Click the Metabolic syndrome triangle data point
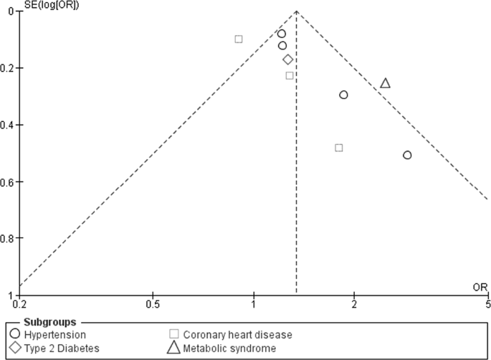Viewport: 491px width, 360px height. click(x=385, y=83)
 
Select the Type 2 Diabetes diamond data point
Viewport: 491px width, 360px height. click(x=287, y=60)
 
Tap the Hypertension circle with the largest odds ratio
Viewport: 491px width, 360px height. click(x=407, y=155)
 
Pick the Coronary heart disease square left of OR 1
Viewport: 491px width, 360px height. click(x=239, y=39)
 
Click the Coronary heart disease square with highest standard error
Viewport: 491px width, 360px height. click(x=338, y=148)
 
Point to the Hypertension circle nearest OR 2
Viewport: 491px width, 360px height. click(x=343, y=95)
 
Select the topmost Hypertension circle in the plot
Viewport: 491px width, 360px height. click(x=282, y=34)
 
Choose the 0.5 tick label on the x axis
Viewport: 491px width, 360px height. click(x=152, y=303)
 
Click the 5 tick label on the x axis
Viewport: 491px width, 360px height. click(x=487, y=303)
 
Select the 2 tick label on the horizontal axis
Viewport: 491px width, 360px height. click(x=354, y=303)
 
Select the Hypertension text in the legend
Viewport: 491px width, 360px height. click(x=54, y=335)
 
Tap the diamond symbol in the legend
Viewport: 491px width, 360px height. click(x=14, y=349)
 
